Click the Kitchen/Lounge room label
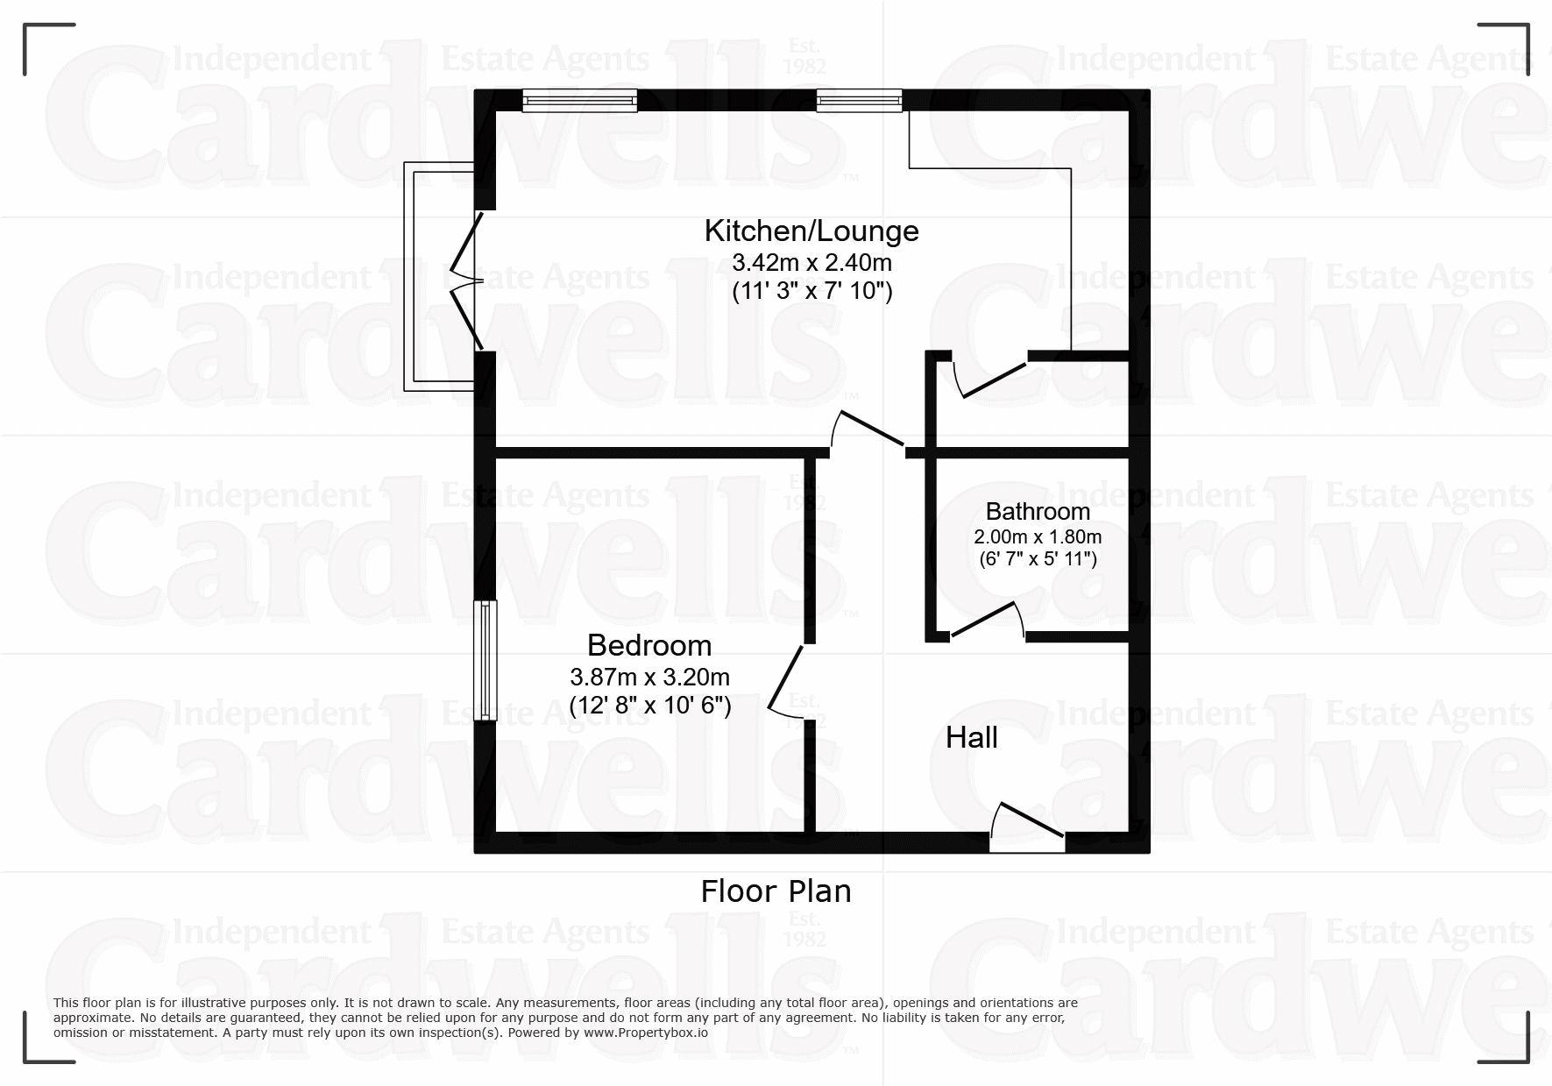pyautogui.click(x=811, y=231)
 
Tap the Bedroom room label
pyautogui.click(x=649, y=645)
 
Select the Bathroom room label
pyautogui.click(x=1038, y=511)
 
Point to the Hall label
pyautogui.click(x=972, y=738)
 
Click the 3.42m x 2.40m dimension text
pyautogui.click(x=811, y=262)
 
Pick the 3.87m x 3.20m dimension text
pyautogui.click(x=649, y=677)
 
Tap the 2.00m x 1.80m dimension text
pyautogui.click(x=1038, y=536)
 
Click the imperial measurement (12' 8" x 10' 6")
pyautogui.click(x=649, y=706)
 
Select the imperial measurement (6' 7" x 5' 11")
pyautogui.click(x=1038, y=559)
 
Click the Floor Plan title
pyautogui.click(x=776, y=891)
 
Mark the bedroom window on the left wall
pyautogui.click(x=485, y=660)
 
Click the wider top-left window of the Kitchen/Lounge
pyautogui.click(x=579, y=101)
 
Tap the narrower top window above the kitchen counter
pyautogui.click(x=859, y=101)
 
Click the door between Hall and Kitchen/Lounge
pyautogui.click(x=868, y=431)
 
